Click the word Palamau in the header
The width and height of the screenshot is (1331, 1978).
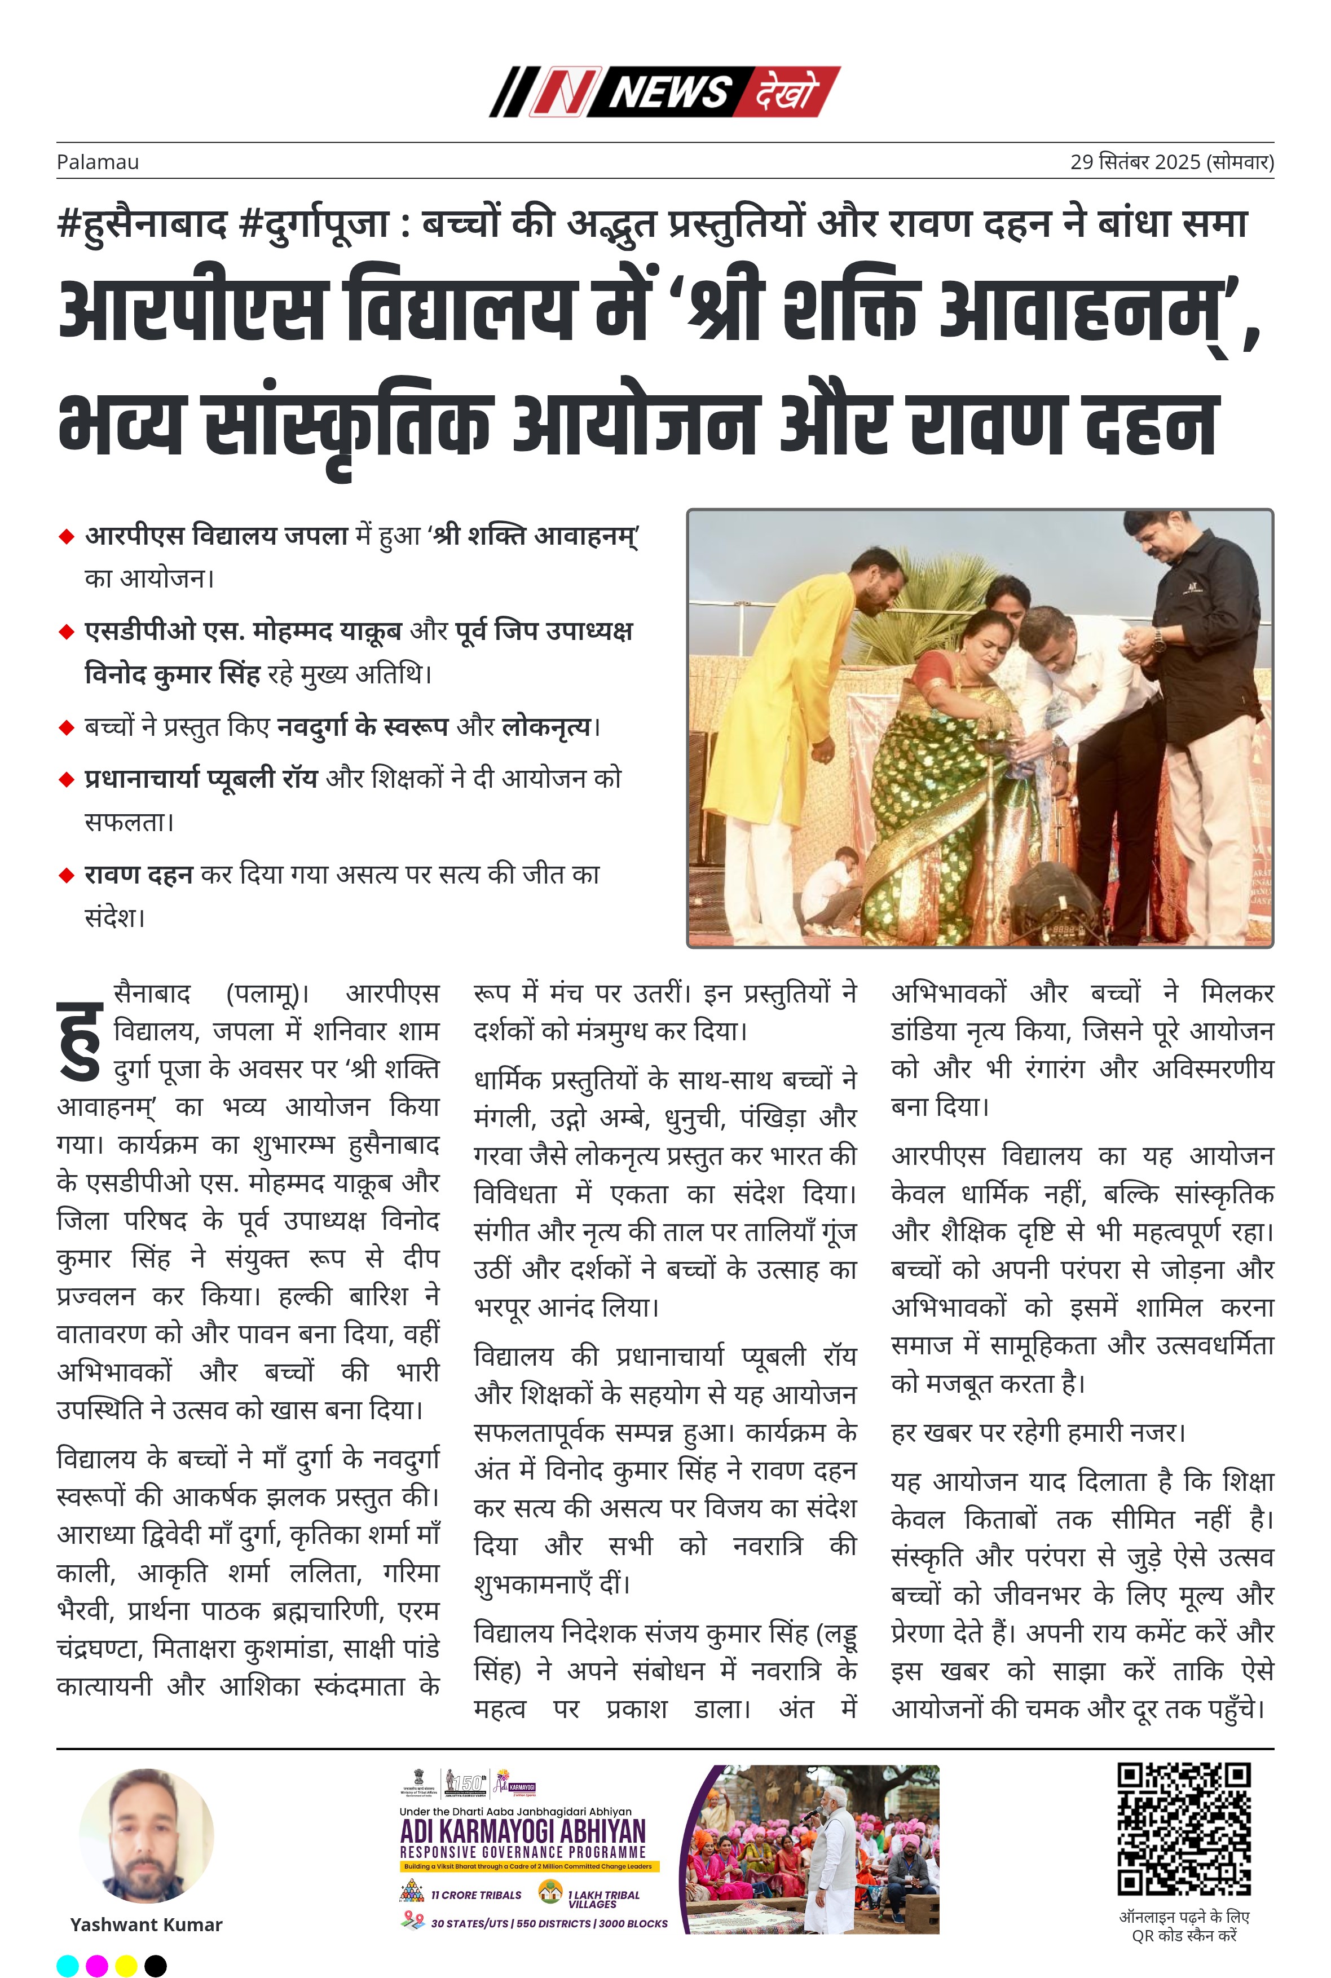(x=98, y=162)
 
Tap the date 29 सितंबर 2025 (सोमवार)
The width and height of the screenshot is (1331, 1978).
(x=1171, y=162)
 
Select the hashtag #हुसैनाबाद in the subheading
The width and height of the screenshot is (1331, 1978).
(x=143, y=224)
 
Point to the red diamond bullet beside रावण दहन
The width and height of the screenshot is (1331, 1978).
(x=66, y=876)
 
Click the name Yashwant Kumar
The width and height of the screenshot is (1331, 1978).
(x=146, y=1924)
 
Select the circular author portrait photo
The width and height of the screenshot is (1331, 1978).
(x=146, y=1835)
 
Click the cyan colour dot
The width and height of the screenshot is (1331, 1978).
(x=68, y=1965)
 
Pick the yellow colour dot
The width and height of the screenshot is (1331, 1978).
(x=126, y=1965)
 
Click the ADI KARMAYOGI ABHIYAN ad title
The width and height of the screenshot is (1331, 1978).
(x=523, y=1830)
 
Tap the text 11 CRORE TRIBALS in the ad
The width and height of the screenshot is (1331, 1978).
(x=475, y=1895)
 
